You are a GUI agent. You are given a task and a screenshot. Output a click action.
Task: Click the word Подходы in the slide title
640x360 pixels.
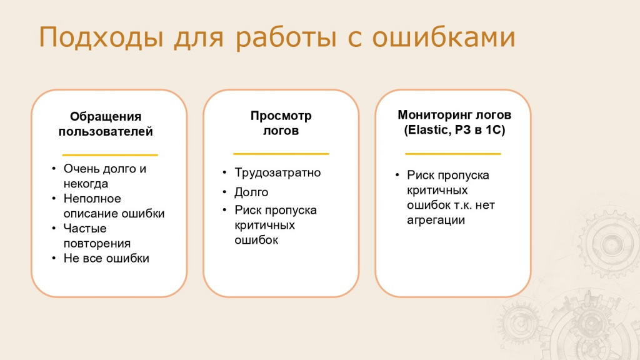coord(101,37)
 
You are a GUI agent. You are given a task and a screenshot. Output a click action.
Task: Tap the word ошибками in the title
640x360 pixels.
coord(444,37)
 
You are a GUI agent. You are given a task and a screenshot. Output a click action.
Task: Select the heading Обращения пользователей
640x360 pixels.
coord(106,124)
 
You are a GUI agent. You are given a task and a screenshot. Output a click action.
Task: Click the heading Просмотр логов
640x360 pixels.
coord(281,123)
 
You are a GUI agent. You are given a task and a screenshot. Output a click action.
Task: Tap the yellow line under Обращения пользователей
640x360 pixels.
coord(110,155)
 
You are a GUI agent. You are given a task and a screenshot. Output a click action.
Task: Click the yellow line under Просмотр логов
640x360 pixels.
coord(281,154)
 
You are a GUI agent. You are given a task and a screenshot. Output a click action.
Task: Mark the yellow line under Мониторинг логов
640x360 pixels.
coord(452,154)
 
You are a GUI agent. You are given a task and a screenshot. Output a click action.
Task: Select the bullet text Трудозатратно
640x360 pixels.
coord(277,172)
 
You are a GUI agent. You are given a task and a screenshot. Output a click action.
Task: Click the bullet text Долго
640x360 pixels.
coord(251,192)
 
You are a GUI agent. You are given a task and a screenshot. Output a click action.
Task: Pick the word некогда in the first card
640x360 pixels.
coord(86,184)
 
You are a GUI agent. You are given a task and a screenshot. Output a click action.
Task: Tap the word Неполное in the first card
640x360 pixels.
coord(92,199)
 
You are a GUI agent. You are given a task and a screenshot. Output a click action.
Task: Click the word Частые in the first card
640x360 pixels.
coord(85,229)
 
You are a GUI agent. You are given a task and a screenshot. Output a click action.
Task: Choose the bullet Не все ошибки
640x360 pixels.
coord(106,258)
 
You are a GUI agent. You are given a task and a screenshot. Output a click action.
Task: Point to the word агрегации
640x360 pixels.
coord(436,221)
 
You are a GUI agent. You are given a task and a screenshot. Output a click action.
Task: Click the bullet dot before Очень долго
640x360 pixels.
coord(54,169)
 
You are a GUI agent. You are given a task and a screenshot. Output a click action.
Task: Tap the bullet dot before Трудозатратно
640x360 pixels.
coord(224,173)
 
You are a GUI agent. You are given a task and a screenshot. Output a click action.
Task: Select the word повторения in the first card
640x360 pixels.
coord(97,244)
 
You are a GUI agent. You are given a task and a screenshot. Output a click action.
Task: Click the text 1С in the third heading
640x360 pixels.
coord(494,130)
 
